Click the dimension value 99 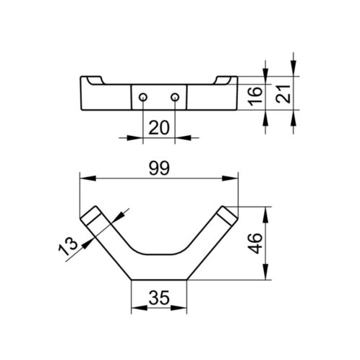click(x=159, y=168)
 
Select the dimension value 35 click(x=159, y=297)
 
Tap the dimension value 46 click(x=255, y=244)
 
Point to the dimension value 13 click(x=68, y=246)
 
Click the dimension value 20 click(x=159, y=128)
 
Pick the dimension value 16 click(x=255, y=96)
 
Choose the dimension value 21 click(x=283, y=94)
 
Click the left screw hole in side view click(x=143, y=98)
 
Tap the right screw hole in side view click(x=175, y=98)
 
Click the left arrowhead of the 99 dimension click(x=87, y=179)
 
